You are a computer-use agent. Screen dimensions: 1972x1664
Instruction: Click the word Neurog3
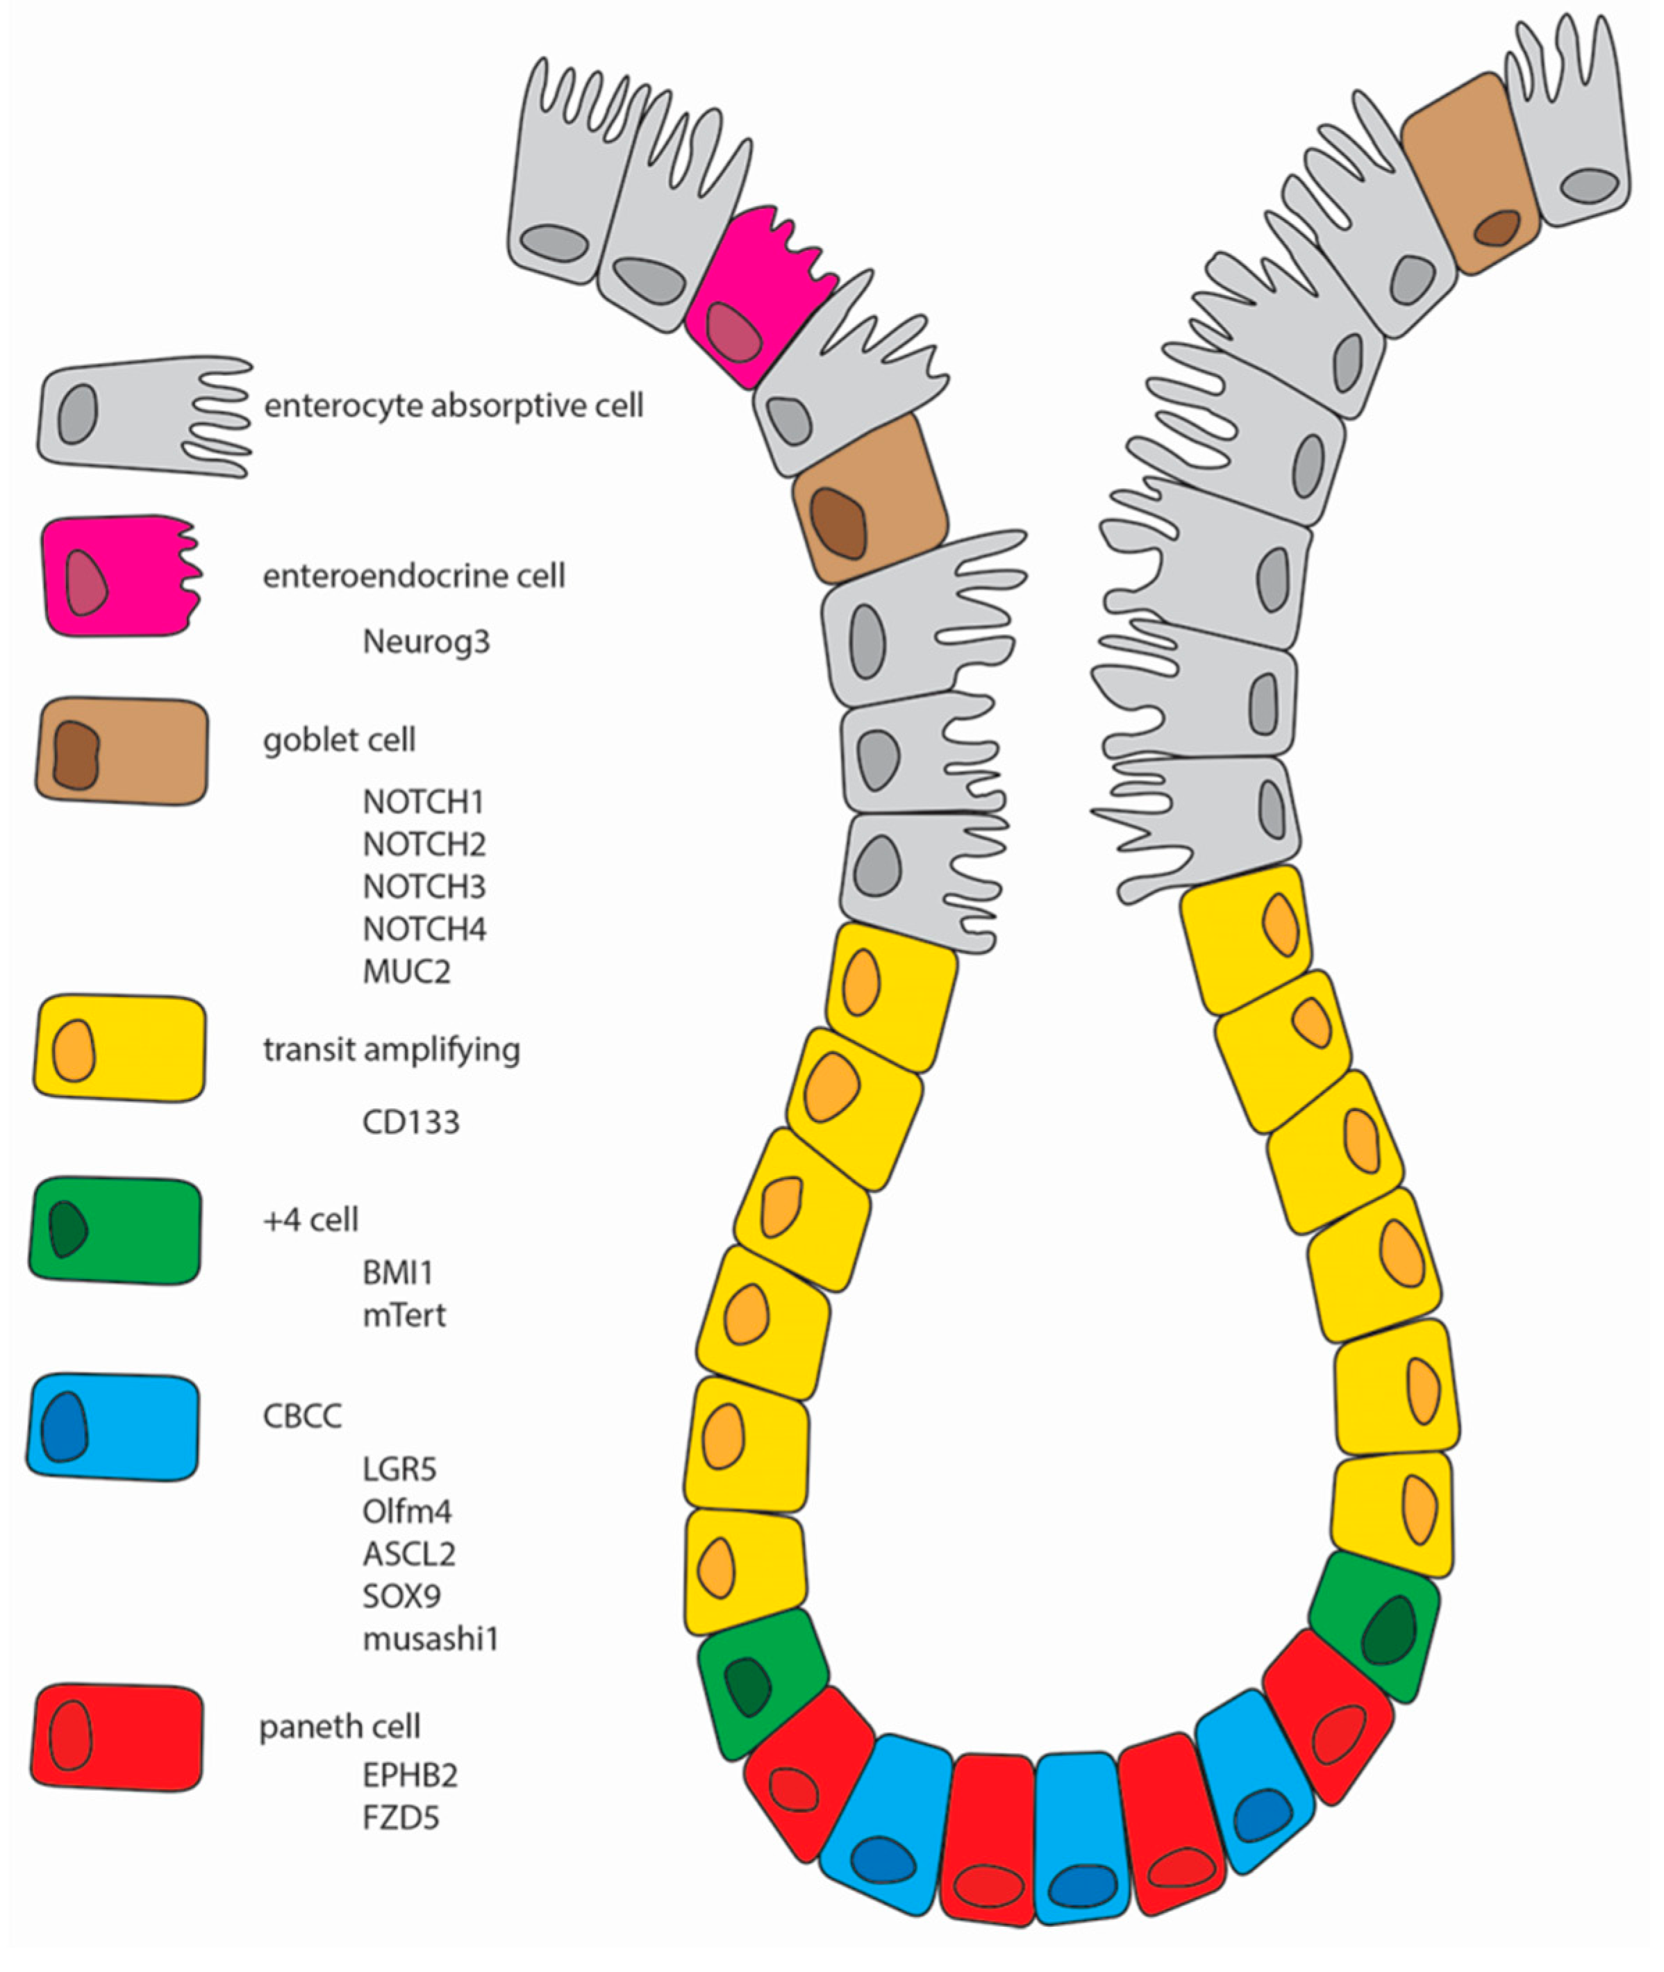pos(426,642)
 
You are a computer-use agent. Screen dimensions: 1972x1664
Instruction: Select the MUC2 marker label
pos(406,971)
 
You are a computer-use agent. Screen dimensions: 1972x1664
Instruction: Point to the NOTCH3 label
pos(424,887)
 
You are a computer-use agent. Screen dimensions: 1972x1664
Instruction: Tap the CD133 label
pos(411,1122)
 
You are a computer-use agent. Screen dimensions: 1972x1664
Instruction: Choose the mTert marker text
pos(403,1316)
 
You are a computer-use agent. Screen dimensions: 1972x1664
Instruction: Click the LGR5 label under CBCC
pos(399,1469)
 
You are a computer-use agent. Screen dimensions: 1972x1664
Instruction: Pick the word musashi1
pos(430,1639)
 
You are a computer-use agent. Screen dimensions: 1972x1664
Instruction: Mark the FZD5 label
pos(401,1817)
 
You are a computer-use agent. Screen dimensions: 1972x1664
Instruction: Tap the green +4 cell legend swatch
pos(115,1230)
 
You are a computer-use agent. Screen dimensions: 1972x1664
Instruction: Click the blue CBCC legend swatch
pos(113,1427)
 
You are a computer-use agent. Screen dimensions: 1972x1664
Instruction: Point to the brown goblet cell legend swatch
pos(122,751)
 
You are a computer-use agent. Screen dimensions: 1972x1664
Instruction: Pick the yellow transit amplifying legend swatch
pos(120,1048)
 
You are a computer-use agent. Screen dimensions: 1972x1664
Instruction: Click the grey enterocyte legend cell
pos(142,415)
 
